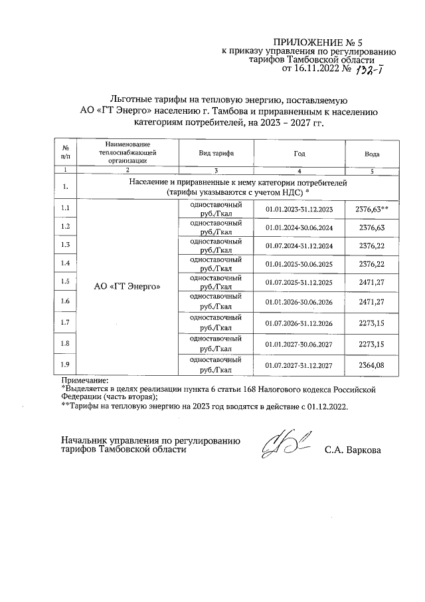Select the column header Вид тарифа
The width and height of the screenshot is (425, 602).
216,153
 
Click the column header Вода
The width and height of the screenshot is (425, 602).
372,153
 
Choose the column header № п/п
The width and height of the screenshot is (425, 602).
65,153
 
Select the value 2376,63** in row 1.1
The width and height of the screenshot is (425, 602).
372,209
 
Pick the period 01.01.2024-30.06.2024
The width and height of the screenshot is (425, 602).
299,227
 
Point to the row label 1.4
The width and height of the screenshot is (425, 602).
65,264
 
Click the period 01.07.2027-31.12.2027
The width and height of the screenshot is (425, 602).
299,365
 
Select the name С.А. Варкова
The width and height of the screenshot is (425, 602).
353,450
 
